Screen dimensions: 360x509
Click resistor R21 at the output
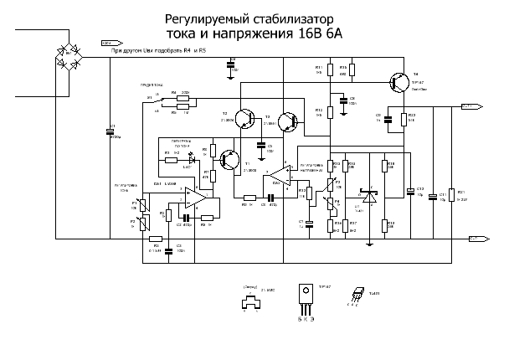point(451,195)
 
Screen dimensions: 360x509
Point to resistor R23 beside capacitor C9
point(404,118)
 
